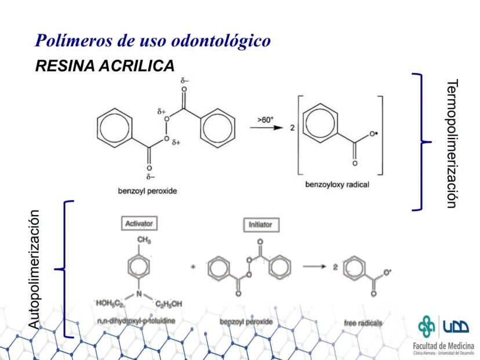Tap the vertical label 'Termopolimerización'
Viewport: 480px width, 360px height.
[x=453, y=142]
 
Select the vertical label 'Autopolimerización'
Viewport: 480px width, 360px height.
[x=36, y=270]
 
